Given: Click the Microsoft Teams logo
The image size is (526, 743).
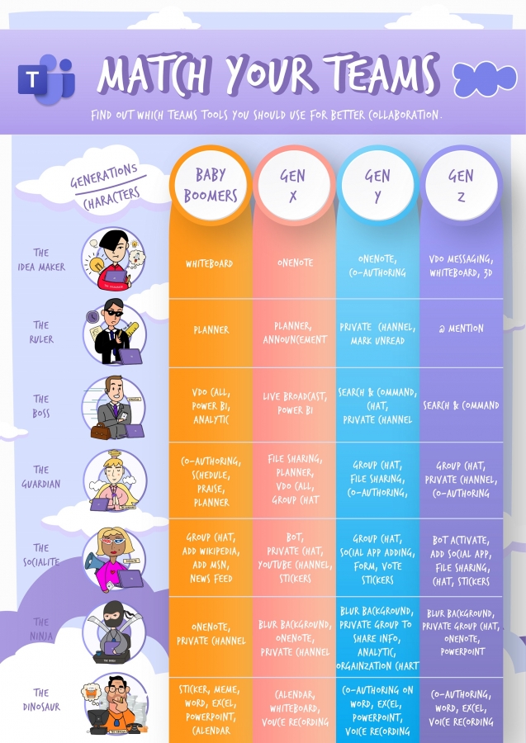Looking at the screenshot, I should pos(45,78).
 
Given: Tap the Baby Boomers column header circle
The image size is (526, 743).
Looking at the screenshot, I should pos(210,186).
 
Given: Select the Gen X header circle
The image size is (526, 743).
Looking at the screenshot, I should pos(293,186).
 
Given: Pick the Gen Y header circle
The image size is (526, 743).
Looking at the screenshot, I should pos(377,186).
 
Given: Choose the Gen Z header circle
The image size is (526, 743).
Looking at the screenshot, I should pos(461,186).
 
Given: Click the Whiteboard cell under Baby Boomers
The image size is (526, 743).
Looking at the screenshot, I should pos(209,264).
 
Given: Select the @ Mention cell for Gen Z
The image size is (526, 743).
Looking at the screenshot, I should pos(461,329).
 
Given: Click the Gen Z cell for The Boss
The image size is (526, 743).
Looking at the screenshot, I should pos(461,405).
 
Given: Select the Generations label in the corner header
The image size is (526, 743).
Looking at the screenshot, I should pos(103,174).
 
